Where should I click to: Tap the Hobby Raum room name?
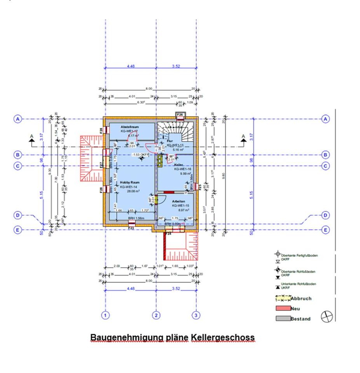tap(129, 182)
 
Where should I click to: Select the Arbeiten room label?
tap(179, 201)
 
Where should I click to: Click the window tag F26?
tap(180, 115)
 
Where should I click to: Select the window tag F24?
tap(168, 234)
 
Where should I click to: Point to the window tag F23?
tap(131, 229)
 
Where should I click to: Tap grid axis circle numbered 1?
tap(105, 315)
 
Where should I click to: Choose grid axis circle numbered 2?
tap(156, 315)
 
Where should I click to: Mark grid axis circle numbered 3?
tap(196, 315)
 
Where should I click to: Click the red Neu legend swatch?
tap(283, 309)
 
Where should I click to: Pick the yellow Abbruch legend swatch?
tap(283, 299)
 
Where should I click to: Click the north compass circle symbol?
tap(327, 317)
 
